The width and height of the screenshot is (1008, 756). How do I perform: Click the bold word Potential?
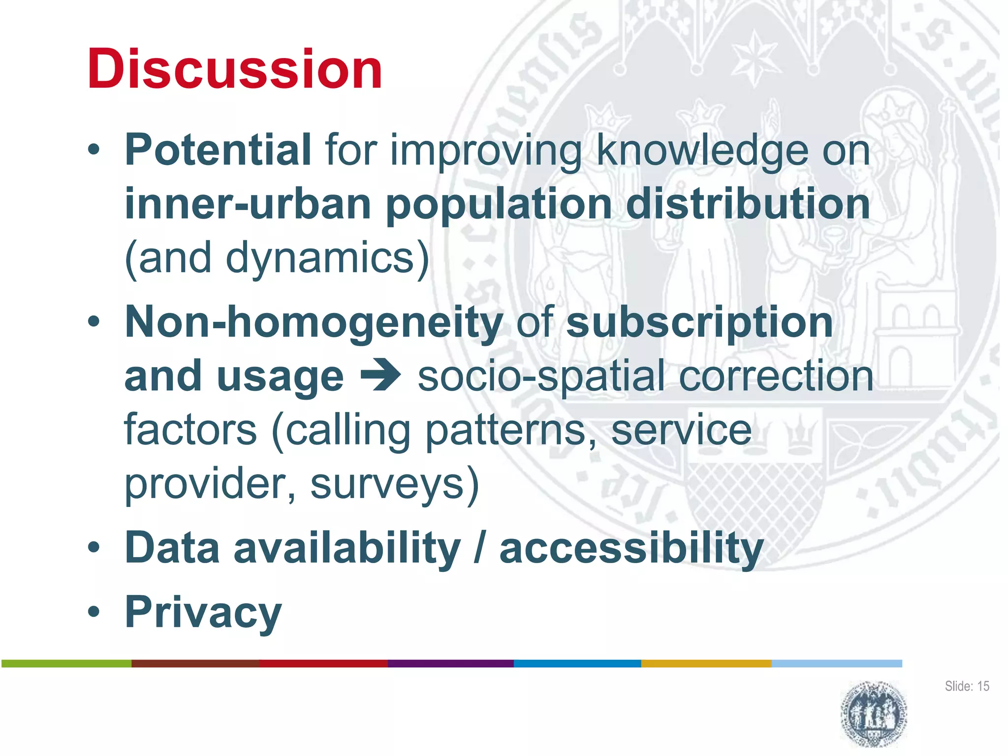point(218,150)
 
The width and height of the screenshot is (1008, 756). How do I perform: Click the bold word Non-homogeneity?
point(314,322)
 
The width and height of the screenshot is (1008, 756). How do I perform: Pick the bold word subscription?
point(699,322)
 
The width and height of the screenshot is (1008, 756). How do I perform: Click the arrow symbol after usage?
point(380,377)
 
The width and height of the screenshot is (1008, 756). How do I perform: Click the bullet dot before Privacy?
point(94,612)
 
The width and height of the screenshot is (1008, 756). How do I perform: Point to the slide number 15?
point(983,686)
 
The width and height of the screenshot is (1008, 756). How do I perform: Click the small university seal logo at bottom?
point(874,713)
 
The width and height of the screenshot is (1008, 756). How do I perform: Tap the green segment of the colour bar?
point(66,663)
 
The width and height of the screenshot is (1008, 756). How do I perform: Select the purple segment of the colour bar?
point(450,663)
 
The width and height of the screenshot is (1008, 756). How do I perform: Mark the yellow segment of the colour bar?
point(706,663)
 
